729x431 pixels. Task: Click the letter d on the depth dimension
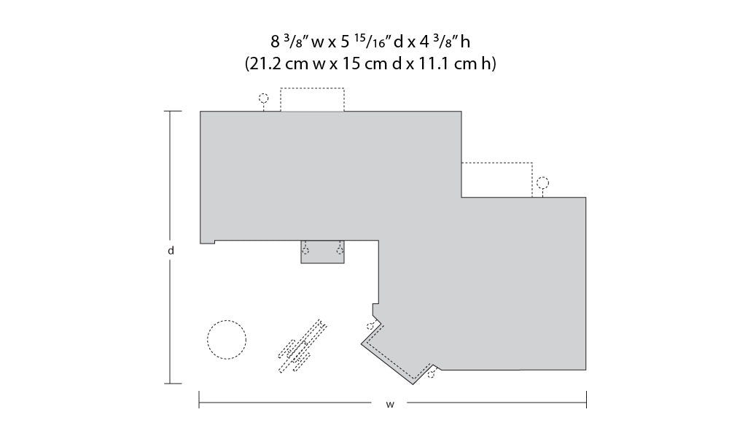pos(171,251)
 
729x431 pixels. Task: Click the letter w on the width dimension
pos(389,405)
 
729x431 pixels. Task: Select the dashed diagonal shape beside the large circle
pos(303,346)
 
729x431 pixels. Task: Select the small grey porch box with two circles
pos(323,252)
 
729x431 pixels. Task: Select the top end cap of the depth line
pos(173,111)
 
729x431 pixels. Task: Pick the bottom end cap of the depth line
pos(173,384)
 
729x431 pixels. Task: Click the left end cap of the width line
pos(200,400)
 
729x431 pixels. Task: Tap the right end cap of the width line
pos(586,400)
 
